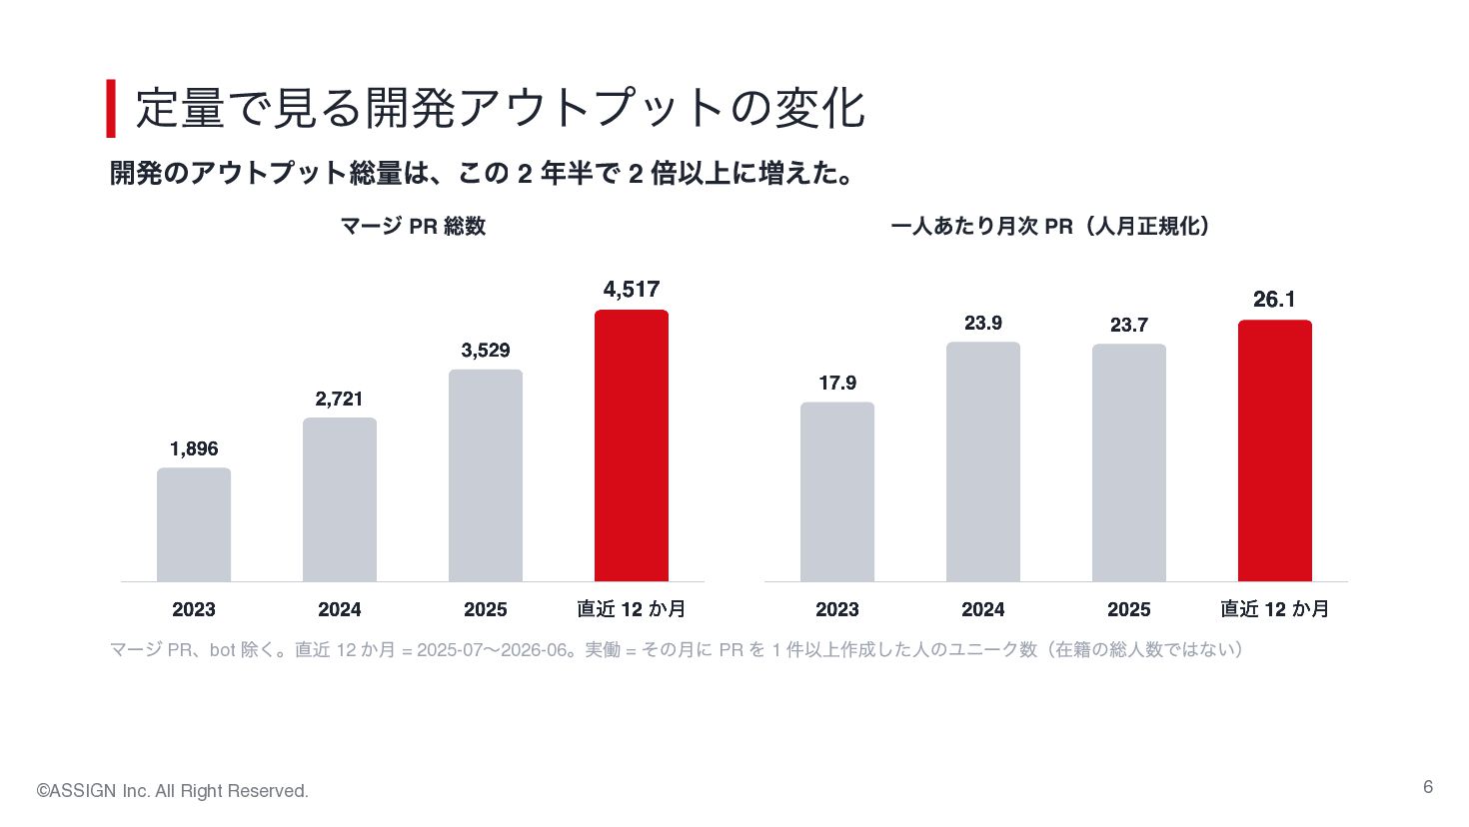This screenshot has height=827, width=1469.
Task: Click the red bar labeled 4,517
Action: pos(631,445)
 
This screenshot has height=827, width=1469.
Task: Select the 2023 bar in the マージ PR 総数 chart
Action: pos(194,524)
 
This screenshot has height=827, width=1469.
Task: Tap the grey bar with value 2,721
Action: pos(340,499)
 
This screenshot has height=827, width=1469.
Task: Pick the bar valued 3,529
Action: pos(486,475)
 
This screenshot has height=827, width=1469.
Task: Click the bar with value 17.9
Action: pos(837,491)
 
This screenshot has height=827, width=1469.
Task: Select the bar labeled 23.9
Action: pos(983,461)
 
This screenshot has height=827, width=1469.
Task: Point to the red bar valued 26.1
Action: pos(1275,450)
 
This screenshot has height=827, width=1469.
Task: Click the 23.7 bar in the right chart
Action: pos(1129,462)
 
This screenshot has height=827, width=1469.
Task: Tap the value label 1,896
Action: pos(194,448)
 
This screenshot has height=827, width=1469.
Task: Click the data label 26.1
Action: pos(1274,300)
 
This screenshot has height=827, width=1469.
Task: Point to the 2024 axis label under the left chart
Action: pos(340,609)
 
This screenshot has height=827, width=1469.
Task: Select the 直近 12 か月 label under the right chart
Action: pos(1274,609)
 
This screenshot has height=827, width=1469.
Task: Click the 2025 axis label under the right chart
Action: pos(1129,609)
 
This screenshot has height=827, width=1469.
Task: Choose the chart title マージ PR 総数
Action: pos(413,226)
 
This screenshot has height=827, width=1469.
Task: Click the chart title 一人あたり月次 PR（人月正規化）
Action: pos(1050,226)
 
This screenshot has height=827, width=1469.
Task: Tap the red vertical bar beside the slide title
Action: pos(111,109)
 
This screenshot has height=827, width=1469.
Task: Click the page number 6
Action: pos(1428,787)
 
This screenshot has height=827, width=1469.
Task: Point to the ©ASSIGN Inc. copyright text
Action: pos(173,791)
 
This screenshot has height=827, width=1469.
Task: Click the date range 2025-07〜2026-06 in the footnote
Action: pos(492,650)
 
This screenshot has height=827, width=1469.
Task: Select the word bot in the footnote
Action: pos(222,650)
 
